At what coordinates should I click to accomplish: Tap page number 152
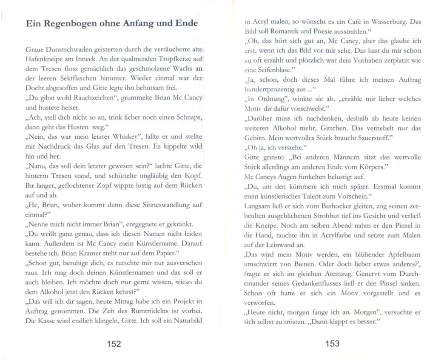[114, 344]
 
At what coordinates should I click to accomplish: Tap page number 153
[332, 344]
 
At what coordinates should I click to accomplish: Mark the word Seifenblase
[271, 70]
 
